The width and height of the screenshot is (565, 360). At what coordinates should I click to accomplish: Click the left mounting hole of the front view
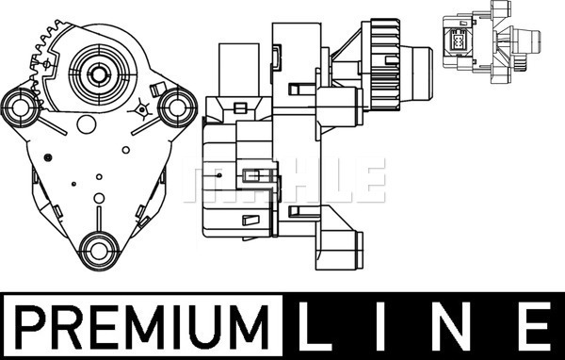click(21, 107)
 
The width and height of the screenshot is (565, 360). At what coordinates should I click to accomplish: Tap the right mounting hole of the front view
click(177, 107)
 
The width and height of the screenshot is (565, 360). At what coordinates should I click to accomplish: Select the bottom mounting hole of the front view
click(99, 251)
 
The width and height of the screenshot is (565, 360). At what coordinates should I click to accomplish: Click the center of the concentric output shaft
click(98, 74)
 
